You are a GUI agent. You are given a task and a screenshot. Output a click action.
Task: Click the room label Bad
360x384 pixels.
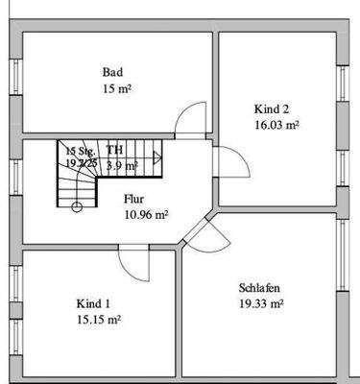[x=112, y=72]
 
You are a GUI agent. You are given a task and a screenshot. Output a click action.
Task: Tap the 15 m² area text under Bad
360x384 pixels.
[x=113, y=89]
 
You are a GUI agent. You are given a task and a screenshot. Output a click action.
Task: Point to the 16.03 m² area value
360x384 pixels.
[x=276, y=125]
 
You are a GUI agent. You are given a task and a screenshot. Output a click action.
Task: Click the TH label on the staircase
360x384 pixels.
[x=114, y=151]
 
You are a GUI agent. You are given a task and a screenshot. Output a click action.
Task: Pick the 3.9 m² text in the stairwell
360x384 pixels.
[x=122, y=165]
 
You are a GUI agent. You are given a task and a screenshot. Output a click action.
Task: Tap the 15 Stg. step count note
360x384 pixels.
[x=81, y=151]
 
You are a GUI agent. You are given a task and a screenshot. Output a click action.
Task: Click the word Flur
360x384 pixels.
[x=133, y=199]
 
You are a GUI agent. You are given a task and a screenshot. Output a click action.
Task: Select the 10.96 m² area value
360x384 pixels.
[x=145, y=215]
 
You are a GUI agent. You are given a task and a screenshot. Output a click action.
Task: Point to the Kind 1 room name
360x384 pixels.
[x=93, y=303]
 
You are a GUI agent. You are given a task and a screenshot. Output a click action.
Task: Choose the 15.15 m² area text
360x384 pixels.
[x=99, y=320]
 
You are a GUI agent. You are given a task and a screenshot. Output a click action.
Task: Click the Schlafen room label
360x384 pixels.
[x=259, y=287]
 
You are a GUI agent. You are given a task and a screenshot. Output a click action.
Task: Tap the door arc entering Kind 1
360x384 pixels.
[x=132, y=263]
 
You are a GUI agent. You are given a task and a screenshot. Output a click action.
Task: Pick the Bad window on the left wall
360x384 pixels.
[x=13, y=83]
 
